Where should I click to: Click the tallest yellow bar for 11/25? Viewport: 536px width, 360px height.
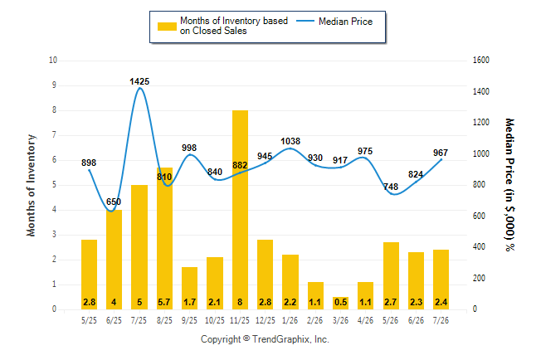click(240, 210)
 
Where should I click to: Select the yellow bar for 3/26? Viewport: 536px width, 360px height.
click(340, 304)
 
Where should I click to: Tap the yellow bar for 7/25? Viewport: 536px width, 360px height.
click(139, 247)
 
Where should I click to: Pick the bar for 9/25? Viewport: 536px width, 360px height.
click(189, 288)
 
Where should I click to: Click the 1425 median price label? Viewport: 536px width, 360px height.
click(139, 81)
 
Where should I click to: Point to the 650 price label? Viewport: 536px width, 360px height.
click(114, 202)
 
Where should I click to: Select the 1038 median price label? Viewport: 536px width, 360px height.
click(290, 141)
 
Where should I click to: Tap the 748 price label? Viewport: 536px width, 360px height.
click(391, 187)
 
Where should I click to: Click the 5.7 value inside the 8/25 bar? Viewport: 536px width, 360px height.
click(164, 302)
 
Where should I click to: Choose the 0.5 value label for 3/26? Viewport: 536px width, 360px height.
click(340, 302)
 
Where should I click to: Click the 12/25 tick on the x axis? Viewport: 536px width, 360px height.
click(266, 320)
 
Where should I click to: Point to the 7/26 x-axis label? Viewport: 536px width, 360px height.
click(441, 320)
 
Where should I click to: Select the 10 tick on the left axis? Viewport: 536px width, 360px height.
click(53, 61)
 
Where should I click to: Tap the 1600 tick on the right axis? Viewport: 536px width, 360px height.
click(481, 61)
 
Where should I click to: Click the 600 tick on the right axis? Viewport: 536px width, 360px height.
click(479, 216)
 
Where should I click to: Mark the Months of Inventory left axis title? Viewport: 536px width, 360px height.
click(31, 185)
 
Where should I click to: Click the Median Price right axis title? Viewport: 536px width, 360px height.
click(509, 185)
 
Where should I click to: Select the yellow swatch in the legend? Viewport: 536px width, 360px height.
click(167, 27)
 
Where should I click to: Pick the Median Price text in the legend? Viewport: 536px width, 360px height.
click(346, 22)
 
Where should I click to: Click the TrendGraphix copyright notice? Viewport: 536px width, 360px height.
click(265, 339)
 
